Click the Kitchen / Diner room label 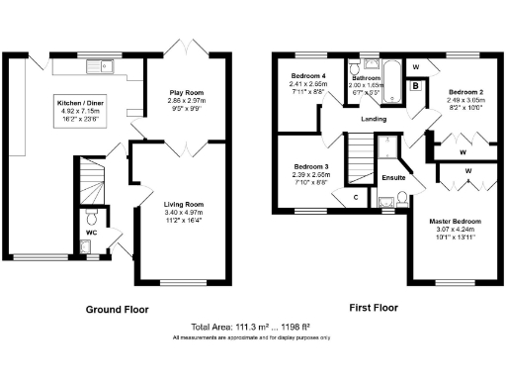(82, 102)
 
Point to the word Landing (374, 119)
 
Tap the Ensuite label (393, 177)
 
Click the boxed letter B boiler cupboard (415, 86)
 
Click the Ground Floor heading (116, 309)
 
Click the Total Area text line (252, 327)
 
